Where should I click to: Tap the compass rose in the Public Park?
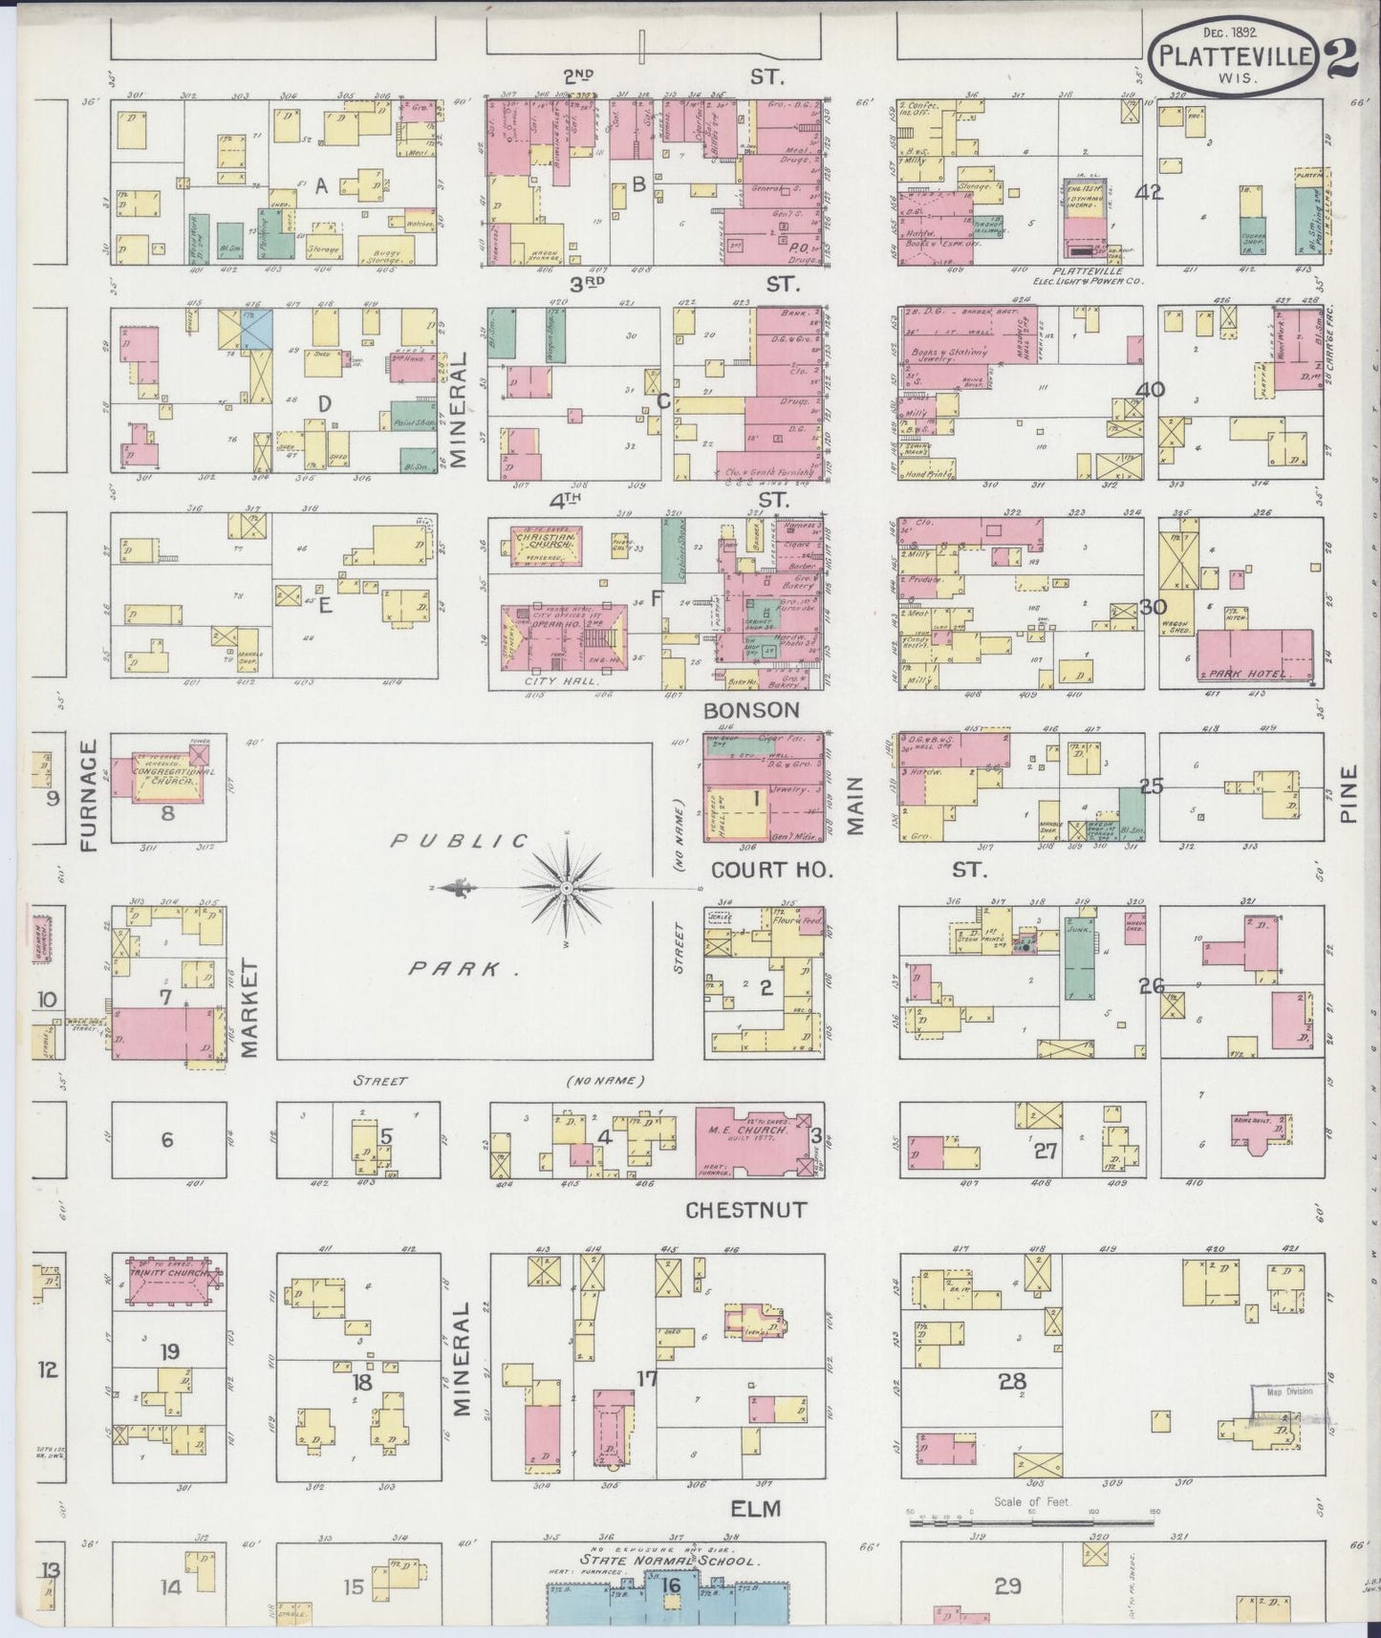pos(568,888)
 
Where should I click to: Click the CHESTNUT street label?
pos(745,1210)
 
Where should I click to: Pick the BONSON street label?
pos(750,710)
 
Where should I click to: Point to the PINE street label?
pos(1349,795)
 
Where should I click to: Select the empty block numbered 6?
pos(168,1140)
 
